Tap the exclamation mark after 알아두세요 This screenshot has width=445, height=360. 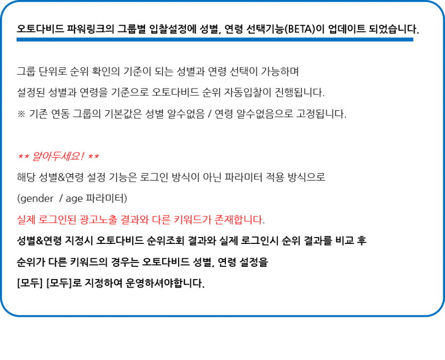(x=83, y=157)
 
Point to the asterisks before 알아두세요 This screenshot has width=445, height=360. (x=23, y=157)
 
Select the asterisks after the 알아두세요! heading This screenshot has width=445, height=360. (x=93, y=157)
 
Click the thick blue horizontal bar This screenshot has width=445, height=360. (x=215, y=39)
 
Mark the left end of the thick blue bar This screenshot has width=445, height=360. (x=18, y=39)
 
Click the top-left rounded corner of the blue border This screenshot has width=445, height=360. (x=6, y=6)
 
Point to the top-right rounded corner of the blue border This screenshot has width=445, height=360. (x=439, y=6)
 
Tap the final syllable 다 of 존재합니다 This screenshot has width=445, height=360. (x=258, y=219)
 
